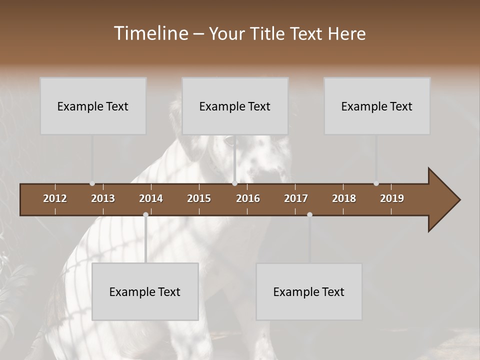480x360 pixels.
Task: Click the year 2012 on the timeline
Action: (x=55, y=198)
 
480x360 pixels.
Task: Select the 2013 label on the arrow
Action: (x=103, y=198)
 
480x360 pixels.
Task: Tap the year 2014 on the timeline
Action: (x=151, y=198)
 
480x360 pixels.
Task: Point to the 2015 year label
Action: (x=199, y=198)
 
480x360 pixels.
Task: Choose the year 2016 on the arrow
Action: (x=248, y=198)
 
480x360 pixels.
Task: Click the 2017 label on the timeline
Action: (x=296, y=198)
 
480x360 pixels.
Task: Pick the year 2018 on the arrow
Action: (x=344, y=198)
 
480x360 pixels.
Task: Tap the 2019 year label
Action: (x=392, y=198)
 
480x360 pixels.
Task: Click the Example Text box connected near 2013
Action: (x=93, y=106)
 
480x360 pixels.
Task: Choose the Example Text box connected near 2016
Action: (x=235, y=106)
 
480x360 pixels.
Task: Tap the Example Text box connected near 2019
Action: (x=377, y=106)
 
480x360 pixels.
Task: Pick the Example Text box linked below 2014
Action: (x=145, y=291)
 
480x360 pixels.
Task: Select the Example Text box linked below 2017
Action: (x=309, y=291)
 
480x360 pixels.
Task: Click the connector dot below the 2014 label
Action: (x=145, y=214)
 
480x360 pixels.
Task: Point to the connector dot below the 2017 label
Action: (x=309, y=214)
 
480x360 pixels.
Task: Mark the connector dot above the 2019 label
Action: (x=376, y=183)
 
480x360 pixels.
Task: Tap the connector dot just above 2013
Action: (x=92, y=183)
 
